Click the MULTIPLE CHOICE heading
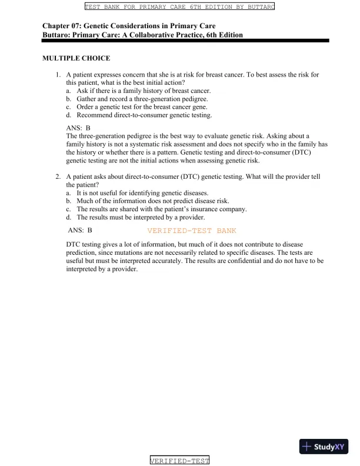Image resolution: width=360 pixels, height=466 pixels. (x=76, y=58)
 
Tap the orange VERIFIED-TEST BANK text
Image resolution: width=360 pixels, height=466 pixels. (x=192, y=231)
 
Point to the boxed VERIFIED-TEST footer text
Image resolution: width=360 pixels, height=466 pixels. (x=180, y=461)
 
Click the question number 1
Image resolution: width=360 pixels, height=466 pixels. (x=58, y=75)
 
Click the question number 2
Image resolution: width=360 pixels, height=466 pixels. (x=58, y=177)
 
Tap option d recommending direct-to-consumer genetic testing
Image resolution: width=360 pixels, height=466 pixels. (x=144, y=115)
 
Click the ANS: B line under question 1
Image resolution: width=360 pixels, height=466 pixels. (x=78, y=128)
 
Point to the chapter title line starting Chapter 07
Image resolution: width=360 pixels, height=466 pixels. (x=129, y=26)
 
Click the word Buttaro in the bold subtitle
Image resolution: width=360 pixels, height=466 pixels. (x=56, y=35)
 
